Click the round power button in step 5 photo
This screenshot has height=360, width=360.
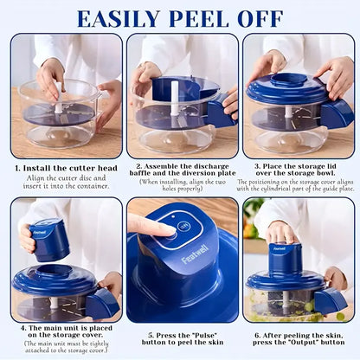coord(184,227)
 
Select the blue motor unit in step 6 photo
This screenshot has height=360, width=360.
coord(285,258)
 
